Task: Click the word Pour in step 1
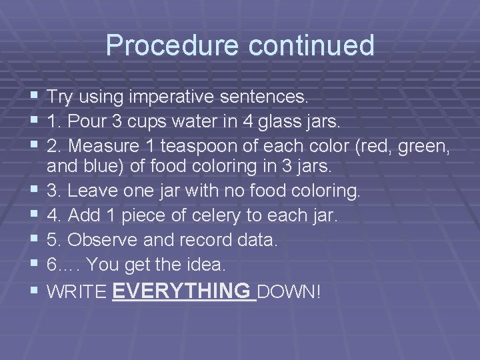pyautogui.click(x=83, y=121)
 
